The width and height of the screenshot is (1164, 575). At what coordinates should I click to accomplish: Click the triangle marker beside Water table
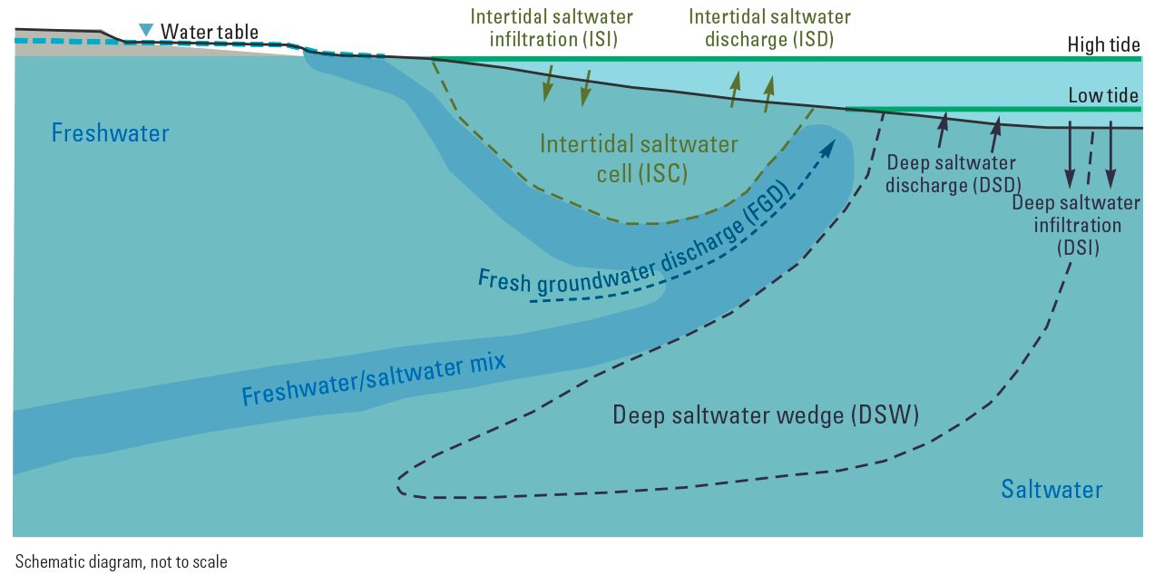146,31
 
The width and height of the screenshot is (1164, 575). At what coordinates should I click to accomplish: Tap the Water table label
210,32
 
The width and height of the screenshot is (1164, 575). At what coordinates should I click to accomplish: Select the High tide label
1103,44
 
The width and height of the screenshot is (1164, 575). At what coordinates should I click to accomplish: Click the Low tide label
1103,95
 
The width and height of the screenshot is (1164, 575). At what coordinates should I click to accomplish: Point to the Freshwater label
110,133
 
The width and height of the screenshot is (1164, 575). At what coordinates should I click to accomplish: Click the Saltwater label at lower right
1052,490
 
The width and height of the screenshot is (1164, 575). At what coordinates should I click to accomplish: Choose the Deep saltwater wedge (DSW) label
767,415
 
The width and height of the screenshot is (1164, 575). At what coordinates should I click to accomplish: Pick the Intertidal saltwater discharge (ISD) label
769,28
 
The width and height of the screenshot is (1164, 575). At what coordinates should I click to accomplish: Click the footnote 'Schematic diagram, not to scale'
122,561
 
